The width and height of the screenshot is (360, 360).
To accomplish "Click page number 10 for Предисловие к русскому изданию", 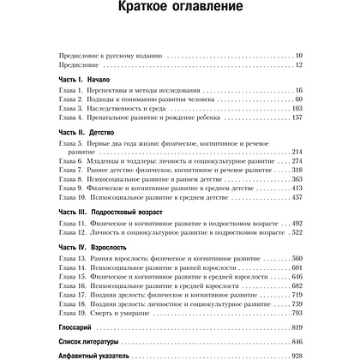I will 311,55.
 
